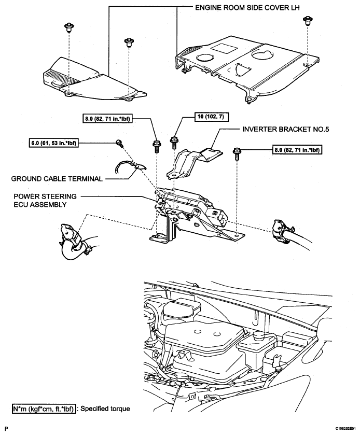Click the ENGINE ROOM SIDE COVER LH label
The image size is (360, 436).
247,7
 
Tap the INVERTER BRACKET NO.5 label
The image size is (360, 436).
285,129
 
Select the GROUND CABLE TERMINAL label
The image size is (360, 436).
57,178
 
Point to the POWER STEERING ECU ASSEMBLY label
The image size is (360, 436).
45,201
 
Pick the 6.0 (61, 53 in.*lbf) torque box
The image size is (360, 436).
54,143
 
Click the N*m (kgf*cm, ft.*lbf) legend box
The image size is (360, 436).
44,409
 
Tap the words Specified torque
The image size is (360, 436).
105,409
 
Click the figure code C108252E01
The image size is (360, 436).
345,429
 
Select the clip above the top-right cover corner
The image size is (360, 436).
307,21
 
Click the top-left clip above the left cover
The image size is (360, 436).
68,27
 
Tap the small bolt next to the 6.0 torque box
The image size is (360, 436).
119,143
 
